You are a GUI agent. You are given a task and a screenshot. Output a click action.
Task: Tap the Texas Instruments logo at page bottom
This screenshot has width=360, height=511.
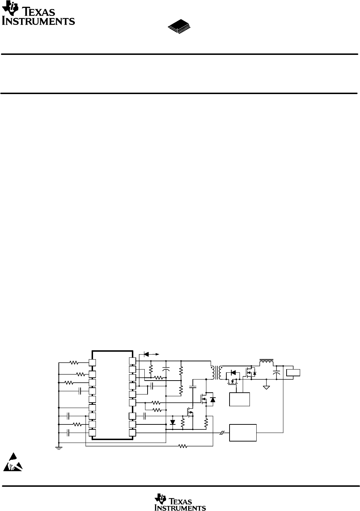point(180,502)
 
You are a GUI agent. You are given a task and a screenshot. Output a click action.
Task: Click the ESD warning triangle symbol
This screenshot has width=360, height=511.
point(13,462)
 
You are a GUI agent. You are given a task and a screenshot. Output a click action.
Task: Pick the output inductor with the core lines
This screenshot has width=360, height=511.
point(267,363)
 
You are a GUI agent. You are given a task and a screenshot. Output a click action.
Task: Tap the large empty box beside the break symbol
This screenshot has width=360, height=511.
point(243,433)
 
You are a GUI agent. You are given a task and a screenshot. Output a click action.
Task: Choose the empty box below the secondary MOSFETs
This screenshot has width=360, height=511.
point(240,399)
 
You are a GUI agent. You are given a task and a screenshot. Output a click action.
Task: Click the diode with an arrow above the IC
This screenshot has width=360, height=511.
point(146,354)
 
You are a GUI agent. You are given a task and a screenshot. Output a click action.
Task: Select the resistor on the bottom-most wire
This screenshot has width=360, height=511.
point(183,446)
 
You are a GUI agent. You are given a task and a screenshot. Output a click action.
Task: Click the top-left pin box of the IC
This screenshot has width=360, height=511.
point(92,362)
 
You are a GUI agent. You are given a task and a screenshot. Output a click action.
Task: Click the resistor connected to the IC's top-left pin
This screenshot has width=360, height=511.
point(74,363)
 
